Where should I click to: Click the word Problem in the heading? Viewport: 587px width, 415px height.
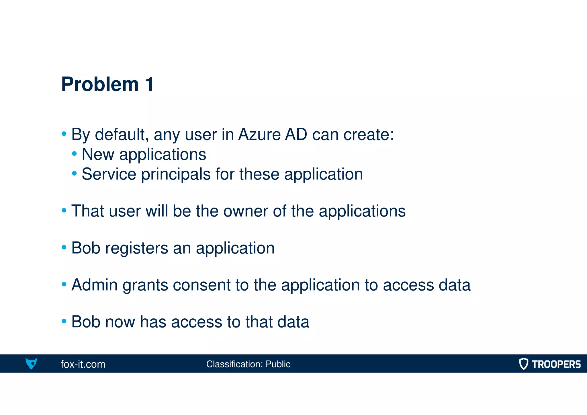coord(100,84)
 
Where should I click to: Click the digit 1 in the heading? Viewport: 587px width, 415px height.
coord(149,84)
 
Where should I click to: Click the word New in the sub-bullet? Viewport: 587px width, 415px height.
coord(98,154)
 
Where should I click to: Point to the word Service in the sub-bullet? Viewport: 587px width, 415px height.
coord(109,174)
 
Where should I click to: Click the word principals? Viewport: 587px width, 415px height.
coord(176,175)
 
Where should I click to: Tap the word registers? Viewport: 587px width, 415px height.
coord(136,248)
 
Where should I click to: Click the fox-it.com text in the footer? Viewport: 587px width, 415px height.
coord(83,364)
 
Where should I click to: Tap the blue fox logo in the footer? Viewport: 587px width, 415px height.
coord(31,363)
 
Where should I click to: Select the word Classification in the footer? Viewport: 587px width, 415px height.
coord(234,364)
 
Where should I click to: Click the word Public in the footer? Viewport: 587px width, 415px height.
coord(278,364)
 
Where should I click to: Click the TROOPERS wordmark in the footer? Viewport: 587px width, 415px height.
coord(556,364)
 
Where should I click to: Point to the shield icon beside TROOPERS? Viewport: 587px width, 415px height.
coord(524,364)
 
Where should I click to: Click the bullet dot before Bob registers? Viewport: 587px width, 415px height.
coord(64,247)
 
